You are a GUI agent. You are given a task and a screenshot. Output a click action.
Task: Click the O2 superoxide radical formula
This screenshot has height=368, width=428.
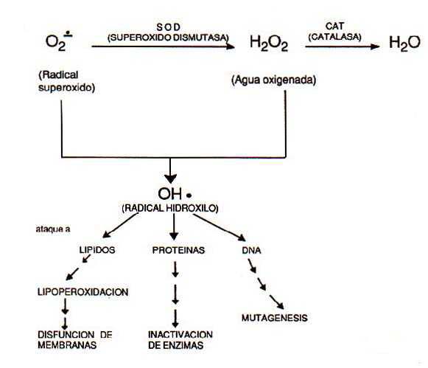59,41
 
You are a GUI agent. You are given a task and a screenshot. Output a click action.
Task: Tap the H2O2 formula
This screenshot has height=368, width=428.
269,44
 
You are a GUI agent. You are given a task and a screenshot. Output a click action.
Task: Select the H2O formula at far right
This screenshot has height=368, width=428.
404,44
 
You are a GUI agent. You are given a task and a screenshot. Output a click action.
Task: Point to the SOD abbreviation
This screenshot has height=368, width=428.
169,27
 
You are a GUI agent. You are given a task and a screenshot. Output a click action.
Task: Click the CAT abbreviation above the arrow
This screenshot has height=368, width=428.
334,27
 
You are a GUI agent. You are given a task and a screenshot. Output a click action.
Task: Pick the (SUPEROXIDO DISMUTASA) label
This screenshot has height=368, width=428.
168,38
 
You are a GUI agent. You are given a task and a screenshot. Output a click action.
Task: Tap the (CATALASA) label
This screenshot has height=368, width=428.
334,37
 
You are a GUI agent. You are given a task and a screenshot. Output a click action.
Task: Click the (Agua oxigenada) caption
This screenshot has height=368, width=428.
274,80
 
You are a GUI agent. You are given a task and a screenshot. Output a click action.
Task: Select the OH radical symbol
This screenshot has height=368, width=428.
175,194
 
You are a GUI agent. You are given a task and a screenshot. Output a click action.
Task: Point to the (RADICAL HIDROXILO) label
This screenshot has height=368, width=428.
170,209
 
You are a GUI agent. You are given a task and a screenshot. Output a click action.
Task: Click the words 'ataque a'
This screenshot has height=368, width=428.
53,229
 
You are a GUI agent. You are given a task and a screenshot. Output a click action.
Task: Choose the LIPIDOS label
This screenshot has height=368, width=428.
97,250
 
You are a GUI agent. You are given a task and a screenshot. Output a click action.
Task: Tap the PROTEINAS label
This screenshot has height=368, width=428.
178,250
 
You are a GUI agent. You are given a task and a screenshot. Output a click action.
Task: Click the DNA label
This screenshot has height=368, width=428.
251,250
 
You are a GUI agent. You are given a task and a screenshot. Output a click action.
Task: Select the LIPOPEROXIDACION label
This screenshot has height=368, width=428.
83,292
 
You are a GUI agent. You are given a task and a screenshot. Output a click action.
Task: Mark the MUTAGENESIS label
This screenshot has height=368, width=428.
275,318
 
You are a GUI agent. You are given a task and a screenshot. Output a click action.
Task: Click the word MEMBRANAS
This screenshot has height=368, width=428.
67,345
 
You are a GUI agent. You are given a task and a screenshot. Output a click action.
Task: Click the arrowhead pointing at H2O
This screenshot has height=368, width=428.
375,46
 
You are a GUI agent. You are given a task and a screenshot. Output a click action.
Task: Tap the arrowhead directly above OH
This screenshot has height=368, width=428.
171,179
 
